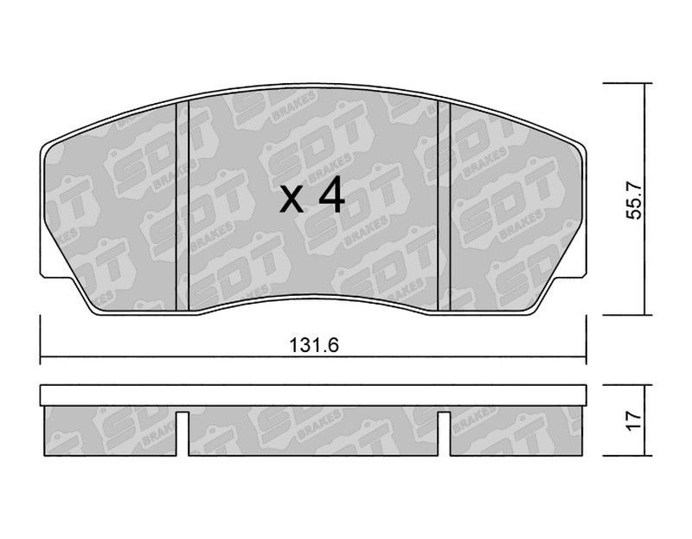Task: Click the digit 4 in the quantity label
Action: [331, 195]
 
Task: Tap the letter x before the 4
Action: [292, 200]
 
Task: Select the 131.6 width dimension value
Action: [314, 344]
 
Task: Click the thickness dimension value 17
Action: [634, 420]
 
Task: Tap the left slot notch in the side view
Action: [183, 433]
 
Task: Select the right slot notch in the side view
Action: [444, 433]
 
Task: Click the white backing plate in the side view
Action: [313, 395]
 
